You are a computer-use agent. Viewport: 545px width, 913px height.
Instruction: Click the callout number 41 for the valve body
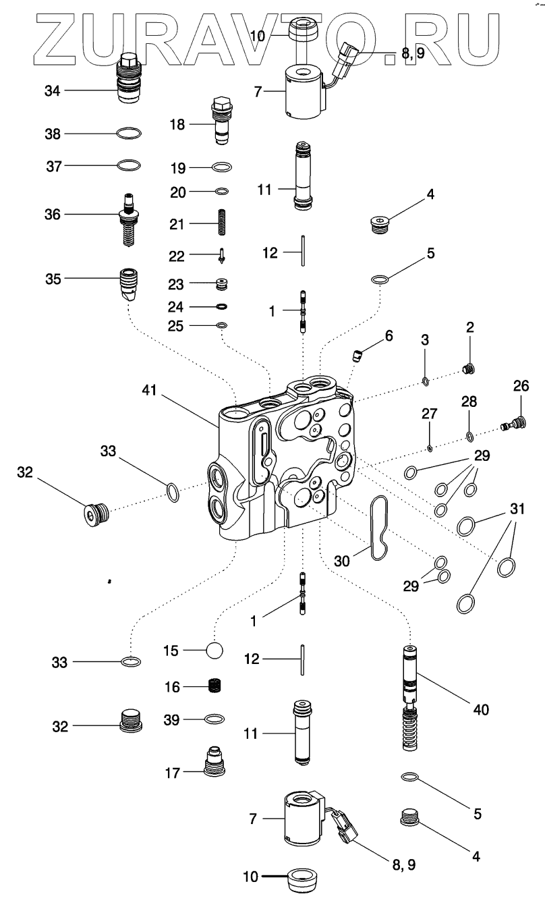click(x=149, y=390)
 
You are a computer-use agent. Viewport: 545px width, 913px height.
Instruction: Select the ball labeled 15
click(x=214, y=650)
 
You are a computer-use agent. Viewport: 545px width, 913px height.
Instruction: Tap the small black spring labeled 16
click(x=214, y=686)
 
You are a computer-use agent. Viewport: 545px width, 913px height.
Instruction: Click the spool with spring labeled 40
click(x=411, y=697)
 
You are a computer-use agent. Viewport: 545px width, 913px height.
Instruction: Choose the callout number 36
click(x=53, y=215)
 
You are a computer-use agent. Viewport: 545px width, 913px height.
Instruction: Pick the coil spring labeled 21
click(x=222, y=222)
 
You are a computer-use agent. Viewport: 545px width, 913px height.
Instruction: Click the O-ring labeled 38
click(x=129, y=134)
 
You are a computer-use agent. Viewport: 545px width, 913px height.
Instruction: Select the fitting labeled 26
click(x=514, y=422)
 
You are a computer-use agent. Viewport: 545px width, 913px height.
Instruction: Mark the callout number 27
click(x=429, y=414)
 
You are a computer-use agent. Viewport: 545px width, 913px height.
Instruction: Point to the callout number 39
click(x=171, y=720)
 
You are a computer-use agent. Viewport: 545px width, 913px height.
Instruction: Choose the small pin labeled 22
click(x=222, y=256)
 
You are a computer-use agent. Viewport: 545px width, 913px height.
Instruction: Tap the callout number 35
click(x=53, y=279)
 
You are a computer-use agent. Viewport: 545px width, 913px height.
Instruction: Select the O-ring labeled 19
click(x=222, y=167)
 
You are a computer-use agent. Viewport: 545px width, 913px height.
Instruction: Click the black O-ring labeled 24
click(x=222, y=306)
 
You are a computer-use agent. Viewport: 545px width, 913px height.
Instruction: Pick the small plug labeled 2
click(x=469, y=369)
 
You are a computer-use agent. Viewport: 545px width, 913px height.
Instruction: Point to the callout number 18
click(x=177, y=124)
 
